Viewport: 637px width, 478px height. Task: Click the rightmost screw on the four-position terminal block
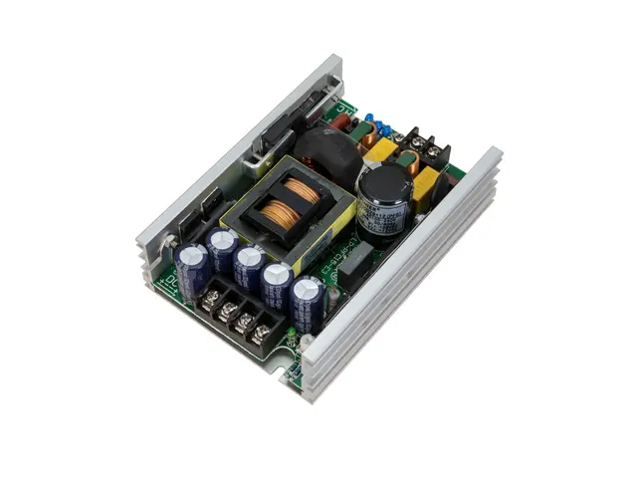[264, 329]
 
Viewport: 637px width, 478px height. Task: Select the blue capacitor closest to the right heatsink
[307, 301]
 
